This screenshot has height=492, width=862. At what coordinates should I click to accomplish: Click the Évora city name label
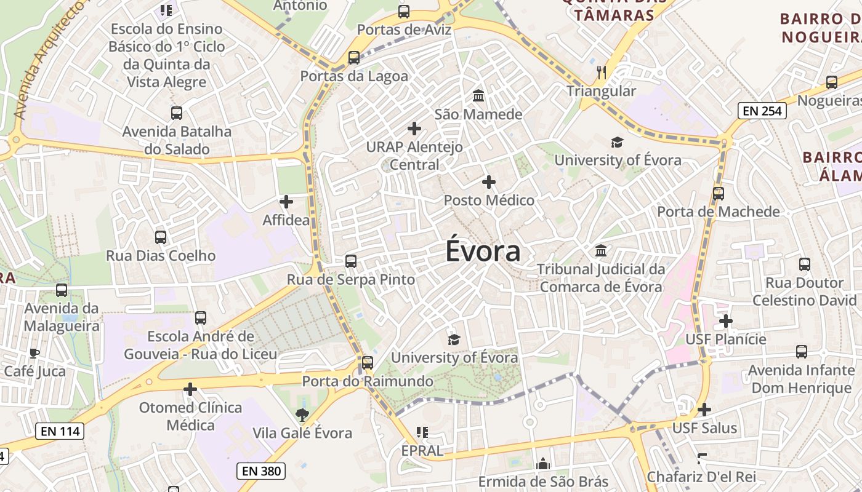click(x=483, y=252)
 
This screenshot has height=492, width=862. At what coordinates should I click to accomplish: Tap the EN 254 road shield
click(x=762, y=111)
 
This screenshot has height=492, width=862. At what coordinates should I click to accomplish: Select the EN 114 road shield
click(x=60, y=431)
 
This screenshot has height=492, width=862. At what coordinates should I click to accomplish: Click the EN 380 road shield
click(x=261, y=472)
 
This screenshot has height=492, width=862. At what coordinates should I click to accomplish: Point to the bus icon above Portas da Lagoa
click(x=354, y=58)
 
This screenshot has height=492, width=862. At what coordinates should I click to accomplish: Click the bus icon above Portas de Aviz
click(x=404, y=11)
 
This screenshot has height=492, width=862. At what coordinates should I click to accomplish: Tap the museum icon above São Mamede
click(x=478, y=96)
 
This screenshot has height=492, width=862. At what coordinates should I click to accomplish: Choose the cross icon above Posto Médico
click(x=489, y=182)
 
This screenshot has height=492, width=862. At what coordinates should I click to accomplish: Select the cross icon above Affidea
click(x=286, y=201)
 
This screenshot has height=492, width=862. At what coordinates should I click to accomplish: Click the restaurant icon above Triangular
click(x=602, y=73)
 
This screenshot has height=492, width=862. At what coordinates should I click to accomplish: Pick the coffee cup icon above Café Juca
click(x=34, y=353)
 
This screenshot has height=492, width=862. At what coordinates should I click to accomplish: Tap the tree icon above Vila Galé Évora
click(x=302, y=415)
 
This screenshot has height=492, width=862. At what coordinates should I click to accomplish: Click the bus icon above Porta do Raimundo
click(x=368, y=363)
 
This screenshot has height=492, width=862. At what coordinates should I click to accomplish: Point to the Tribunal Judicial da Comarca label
click(x=601, y=278)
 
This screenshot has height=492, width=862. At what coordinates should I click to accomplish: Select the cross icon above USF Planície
click(x=726, y=320)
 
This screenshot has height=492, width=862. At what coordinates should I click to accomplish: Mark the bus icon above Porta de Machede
click(x=718, y=194)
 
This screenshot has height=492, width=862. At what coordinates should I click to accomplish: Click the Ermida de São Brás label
click(x=543, y=482)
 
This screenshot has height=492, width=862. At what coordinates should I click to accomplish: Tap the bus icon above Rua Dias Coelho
click(x=161, y=237)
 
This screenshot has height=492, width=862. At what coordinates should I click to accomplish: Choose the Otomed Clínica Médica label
click(x=191, y=416)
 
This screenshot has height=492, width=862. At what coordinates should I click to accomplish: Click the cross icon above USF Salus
click(x=704, y=410)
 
